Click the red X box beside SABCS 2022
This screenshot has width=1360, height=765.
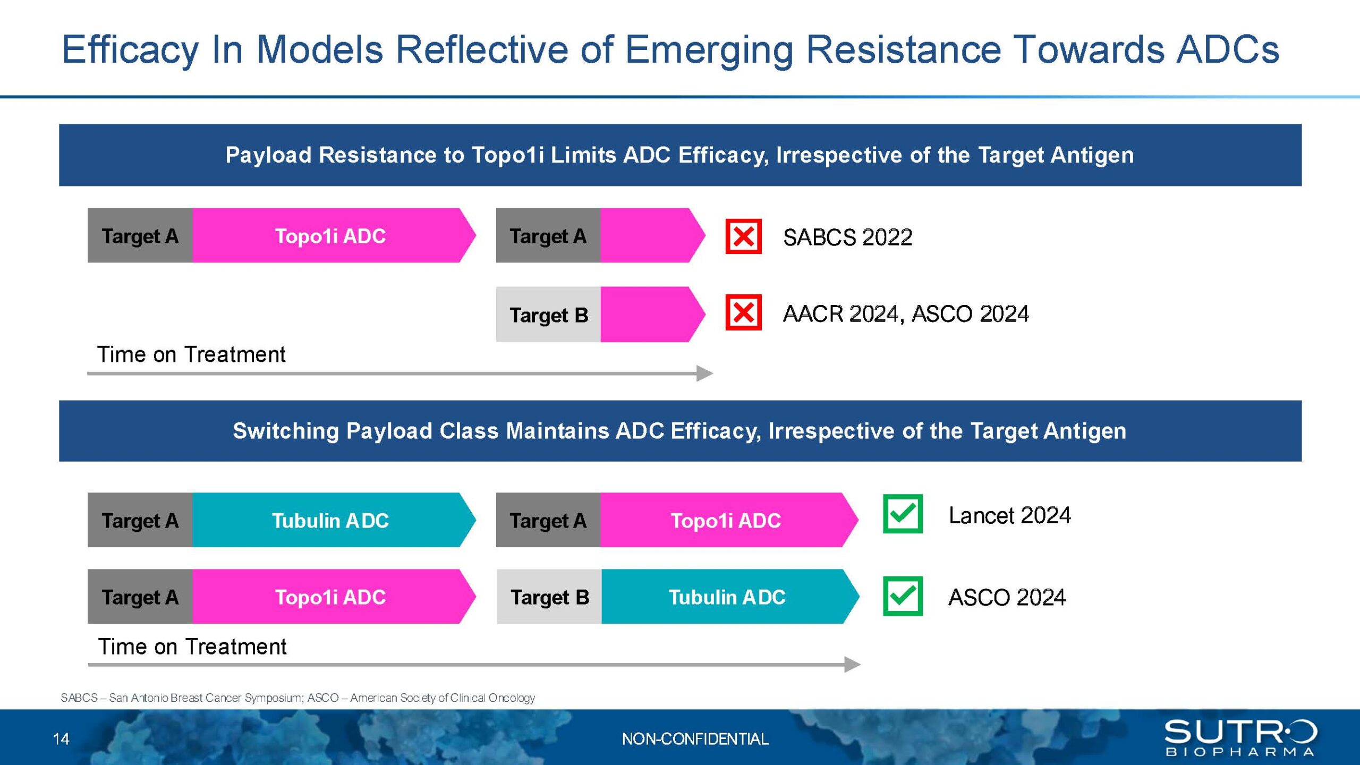(743, 236)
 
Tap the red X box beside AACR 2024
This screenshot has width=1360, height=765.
(743, 312)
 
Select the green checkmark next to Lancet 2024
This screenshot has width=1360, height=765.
(903, 514)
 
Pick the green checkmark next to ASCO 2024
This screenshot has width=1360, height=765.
(903, 596)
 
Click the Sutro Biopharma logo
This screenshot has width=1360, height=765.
(1240, 737)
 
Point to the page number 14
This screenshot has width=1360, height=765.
(61, 739)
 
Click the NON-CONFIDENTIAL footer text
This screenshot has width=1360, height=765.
(695, 739)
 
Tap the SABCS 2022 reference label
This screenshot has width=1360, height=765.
(847, 237)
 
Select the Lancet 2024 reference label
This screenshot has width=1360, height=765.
(1009, 515)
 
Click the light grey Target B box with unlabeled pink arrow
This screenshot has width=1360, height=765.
(548, 314)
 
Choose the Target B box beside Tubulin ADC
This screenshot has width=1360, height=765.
(549, 597)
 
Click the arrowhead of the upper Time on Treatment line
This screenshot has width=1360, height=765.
(705, 373)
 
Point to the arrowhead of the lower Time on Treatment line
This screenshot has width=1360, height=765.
(853, 665)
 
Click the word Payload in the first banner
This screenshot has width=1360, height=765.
(268, 155)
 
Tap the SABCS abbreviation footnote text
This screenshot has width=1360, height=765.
(297, 698)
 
